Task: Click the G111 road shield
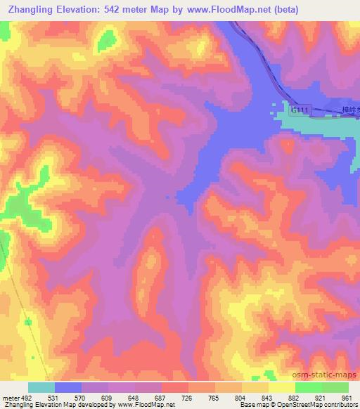[x=300, y=110]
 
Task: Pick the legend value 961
[x=347, y=397]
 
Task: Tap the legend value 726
[x=188, y=397]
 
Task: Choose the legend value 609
[x=108, y=397]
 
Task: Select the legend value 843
[x=268, y=397]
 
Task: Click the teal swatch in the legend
[x=41, y=387]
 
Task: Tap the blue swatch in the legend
[x=68, y=387]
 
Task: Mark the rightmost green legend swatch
[x=335, y=387]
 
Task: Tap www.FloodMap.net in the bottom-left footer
[x=146, y=405]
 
